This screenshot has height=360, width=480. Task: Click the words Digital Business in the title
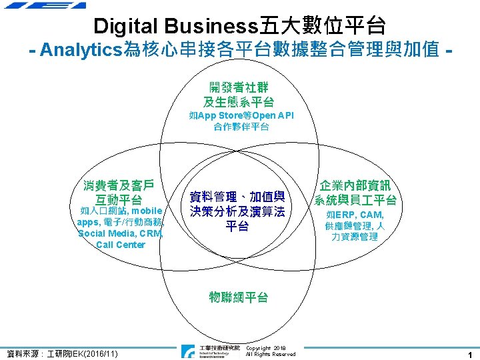[x=175, y=26]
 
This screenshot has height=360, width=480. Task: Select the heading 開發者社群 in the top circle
[x=239, y=87]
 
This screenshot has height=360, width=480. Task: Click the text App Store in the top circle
[x=220, y=115]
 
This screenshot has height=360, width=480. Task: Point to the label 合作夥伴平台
[x=241, y=127]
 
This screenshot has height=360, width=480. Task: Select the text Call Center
[x=120, y=245]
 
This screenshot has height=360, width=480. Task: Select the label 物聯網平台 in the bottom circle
[x=238, y=297]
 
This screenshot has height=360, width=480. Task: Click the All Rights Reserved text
[x=271, y=354]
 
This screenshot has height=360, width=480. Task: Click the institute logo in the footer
[x=211, y=351]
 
